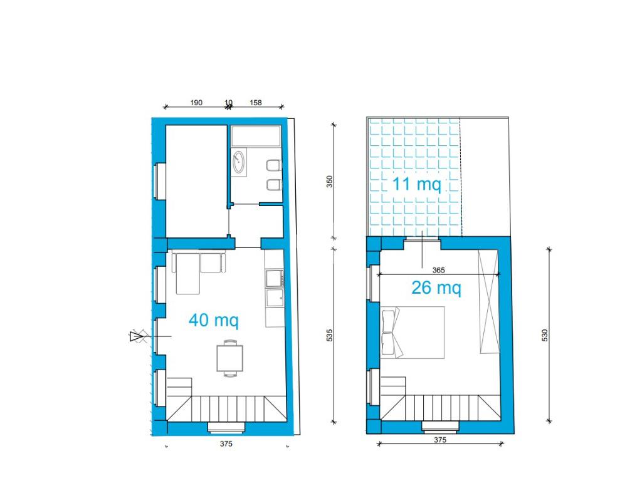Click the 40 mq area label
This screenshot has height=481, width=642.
[213, 320]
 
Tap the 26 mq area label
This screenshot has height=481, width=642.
[436, 288]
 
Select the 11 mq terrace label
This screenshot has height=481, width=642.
[417, 184]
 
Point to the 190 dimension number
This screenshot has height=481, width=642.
[196, 103]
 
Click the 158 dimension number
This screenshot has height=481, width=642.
[256, 103]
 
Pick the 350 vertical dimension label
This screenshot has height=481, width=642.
[330, 182]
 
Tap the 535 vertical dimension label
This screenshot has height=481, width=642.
[330, 334]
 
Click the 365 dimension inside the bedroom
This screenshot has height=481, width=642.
[438, 270]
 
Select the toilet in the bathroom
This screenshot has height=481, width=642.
[273, 165]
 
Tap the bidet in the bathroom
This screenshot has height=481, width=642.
[273, 185]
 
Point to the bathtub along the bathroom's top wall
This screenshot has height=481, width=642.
[256, 136]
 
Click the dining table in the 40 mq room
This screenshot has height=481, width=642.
[229, 358]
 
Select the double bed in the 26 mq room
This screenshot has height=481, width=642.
[413, 333]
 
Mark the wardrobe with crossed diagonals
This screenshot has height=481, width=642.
[489, 301]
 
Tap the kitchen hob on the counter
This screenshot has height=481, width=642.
[275, 278]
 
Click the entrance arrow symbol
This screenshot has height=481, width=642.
[136, 336]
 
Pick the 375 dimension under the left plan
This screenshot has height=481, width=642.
[226, 444]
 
